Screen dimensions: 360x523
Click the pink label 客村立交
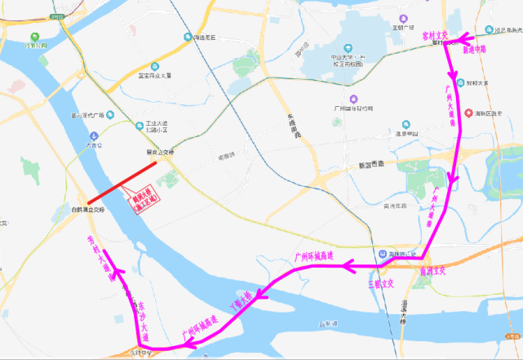click(x=433, y=37)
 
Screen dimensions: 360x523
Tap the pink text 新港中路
click(x=474, y=50)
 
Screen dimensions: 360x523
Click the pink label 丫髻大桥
click(x=244, y=303)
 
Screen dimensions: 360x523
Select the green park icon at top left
click(x=33, y=36)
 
